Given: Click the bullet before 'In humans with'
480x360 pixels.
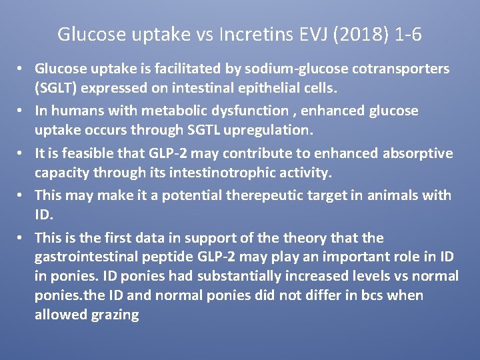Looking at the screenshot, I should coord(21,111).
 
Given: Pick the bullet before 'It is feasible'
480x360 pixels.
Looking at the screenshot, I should coord(21,154).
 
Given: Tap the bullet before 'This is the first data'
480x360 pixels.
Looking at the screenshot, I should coord(21,238).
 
